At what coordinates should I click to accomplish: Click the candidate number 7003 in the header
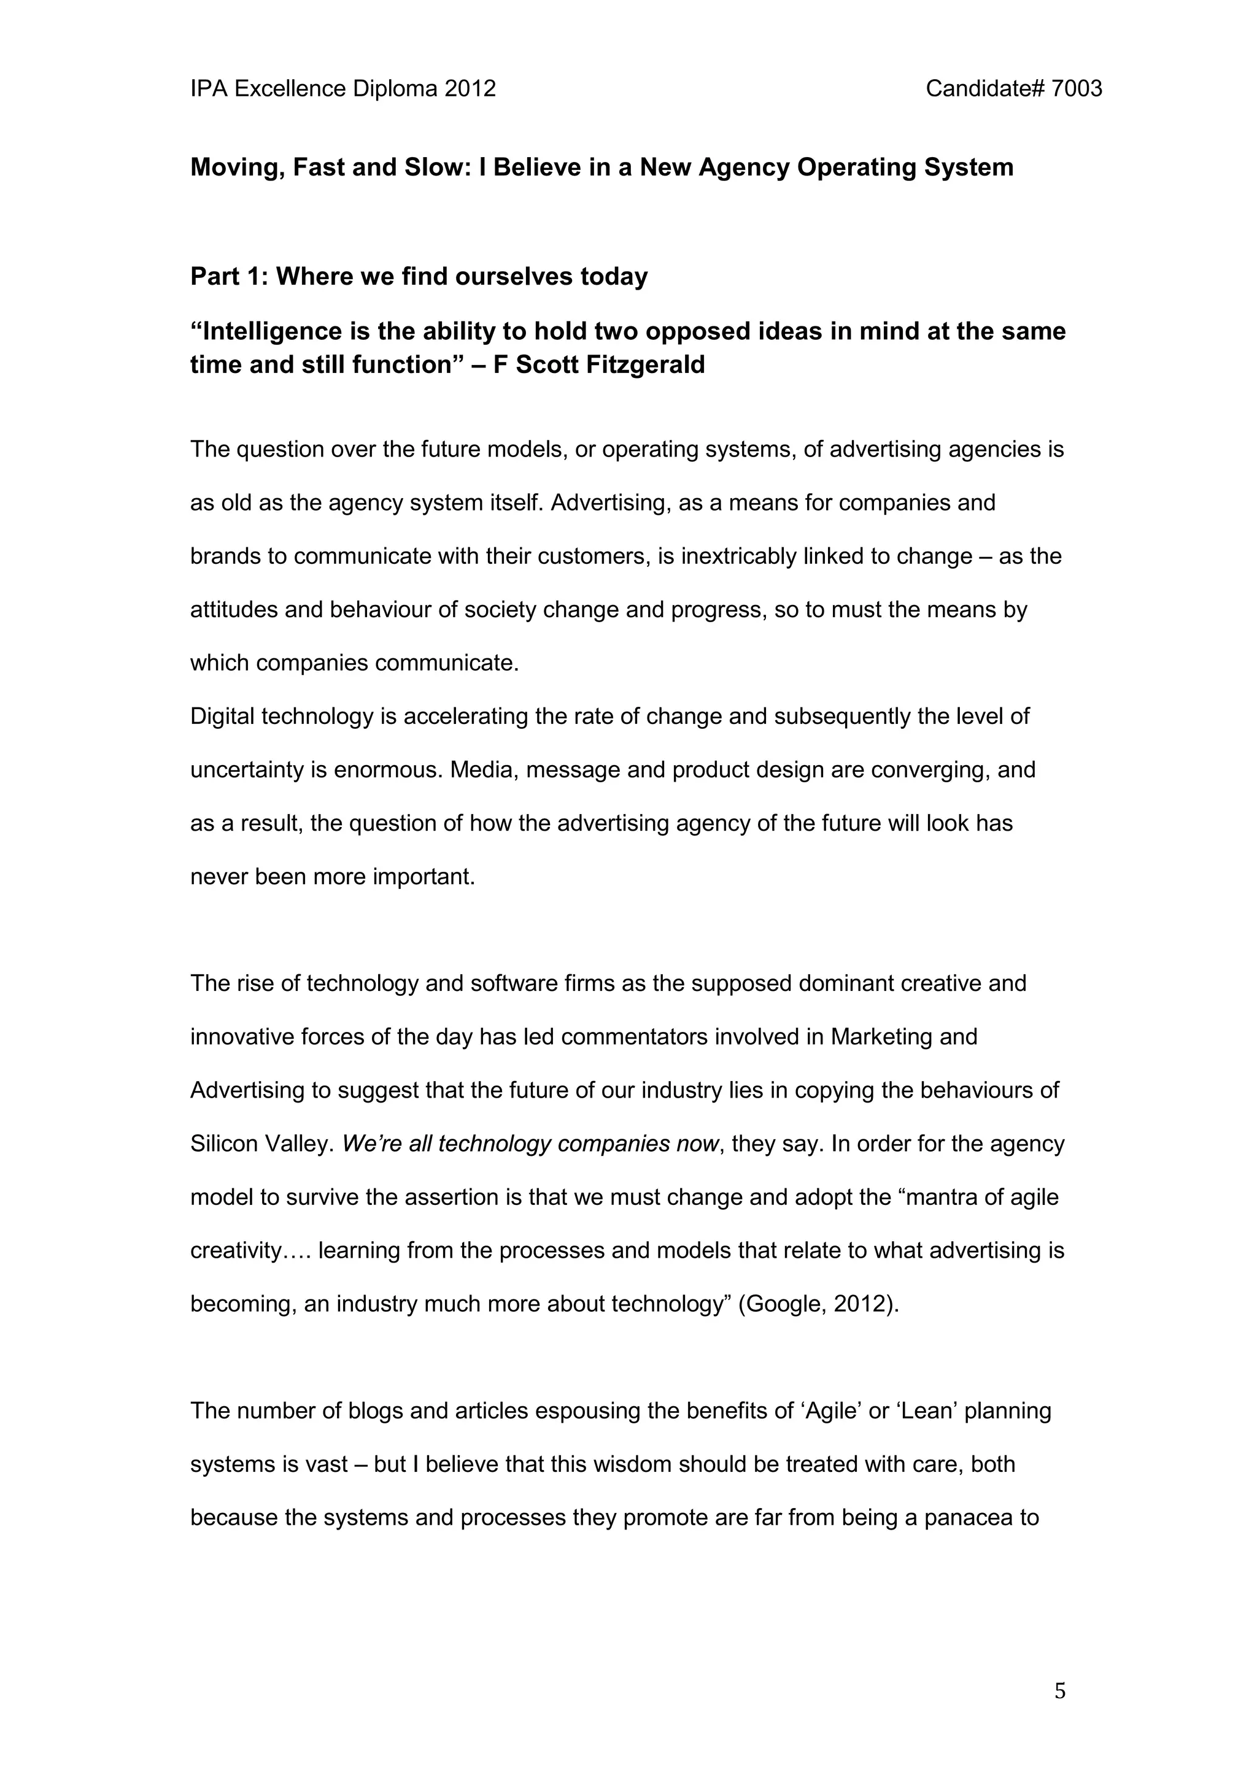(x=1077, y=89)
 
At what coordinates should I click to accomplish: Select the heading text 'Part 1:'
(x=230, y=277)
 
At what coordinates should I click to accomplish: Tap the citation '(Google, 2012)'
(x=819, y=1304)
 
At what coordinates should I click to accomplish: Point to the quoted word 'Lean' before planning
(x=932, y=1411)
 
